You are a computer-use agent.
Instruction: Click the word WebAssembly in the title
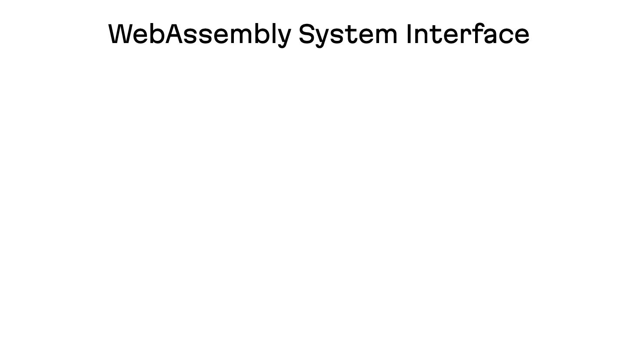[x=200, y=35]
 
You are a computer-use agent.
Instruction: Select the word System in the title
[x=348, y=35]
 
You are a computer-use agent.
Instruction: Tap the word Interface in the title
[x=468, y=33]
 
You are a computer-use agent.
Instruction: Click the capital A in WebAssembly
[x=174, y=33]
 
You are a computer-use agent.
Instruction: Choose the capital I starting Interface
[x=409, y=33]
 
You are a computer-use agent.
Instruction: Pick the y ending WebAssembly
[x=283, y=39]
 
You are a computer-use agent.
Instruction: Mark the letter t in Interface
[x=436, y=35]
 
